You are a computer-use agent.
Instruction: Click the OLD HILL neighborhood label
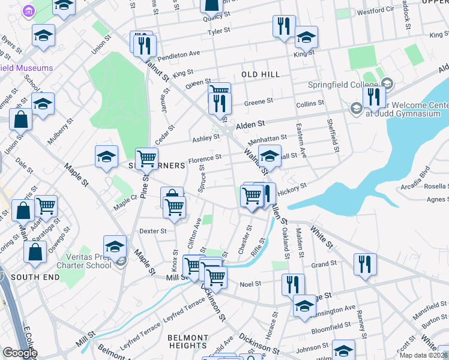261,74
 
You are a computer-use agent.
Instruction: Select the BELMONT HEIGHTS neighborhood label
188,341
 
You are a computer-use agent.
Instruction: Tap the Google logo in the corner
20,353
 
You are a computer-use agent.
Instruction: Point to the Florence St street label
205,159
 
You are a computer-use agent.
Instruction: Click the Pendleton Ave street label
181,54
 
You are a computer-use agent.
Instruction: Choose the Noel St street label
250,284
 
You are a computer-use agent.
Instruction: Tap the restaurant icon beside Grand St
365,265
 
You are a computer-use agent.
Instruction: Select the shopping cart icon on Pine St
146,159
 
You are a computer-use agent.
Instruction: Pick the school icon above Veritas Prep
115,246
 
